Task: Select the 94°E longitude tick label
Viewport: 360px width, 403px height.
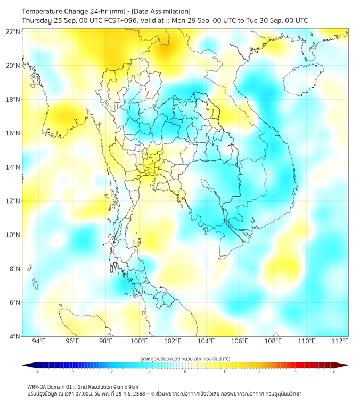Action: (x=39, y=341)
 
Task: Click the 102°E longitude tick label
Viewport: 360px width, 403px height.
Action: (x=173, y=341)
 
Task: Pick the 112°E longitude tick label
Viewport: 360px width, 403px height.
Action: (x=340, y=341)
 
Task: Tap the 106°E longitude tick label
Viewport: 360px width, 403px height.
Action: (x=240, y=341)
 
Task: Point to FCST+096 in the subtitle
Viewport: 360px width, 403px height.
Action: (x=123, y=20)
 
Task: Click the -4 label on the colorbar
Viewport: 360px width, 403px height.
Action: (x=36, y=372)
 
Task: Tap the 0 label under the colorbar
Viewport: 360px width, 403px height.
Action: (x=185, y=372)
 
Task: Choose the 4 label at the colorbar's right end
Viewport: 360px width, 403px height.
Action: (x=334, y=372)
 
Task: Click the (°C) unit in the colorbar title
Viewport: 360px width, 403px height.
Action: (x=226, y=358)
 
